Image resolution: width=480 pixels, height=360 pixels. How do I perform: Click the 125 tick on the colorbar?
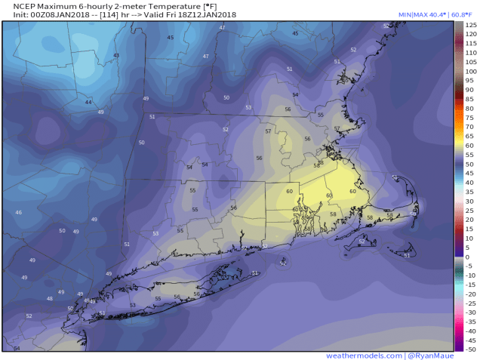tap(470, 26)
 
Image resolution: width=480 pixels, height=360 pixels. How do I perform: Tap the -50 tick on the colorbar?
tap(469, 349)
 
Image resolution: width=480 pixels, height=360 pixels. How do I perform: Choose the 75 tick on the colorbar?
tap(469, 118)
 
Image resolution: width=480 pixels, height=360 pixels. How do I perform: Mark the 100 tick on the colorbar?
tap(470, 72)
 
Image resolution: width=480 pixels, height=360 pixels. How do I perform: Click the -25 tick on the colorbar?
tap(469, 303)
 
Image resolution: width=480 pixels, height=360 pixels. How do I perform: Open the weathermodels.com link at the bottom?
tap(363, 355)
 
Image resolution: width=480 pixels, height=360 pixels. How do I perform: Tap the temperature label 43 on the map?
tap(116, 55)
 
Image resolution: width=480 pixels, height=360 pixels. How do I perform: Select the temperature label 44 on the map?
tap(88, 102)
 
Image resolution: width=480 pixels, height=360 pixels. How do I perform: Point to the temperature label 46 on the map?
tap(19, 213)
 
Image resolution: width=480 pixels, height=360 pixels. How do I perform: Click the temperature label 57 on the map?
tap(268, 131)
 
